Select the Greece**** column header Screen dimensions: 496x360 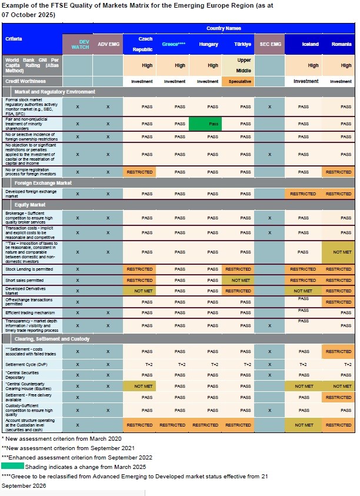tap(174, 44)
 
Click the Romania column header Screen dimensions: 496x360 tap(341, 44)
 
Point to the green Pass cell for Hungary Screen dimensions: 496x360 tap(213, 124)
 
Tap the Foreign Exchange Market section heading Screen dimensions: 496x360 tap(44, 183)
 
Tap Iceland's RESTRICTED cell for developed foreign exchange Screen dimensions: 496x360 tap(303, 194)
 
